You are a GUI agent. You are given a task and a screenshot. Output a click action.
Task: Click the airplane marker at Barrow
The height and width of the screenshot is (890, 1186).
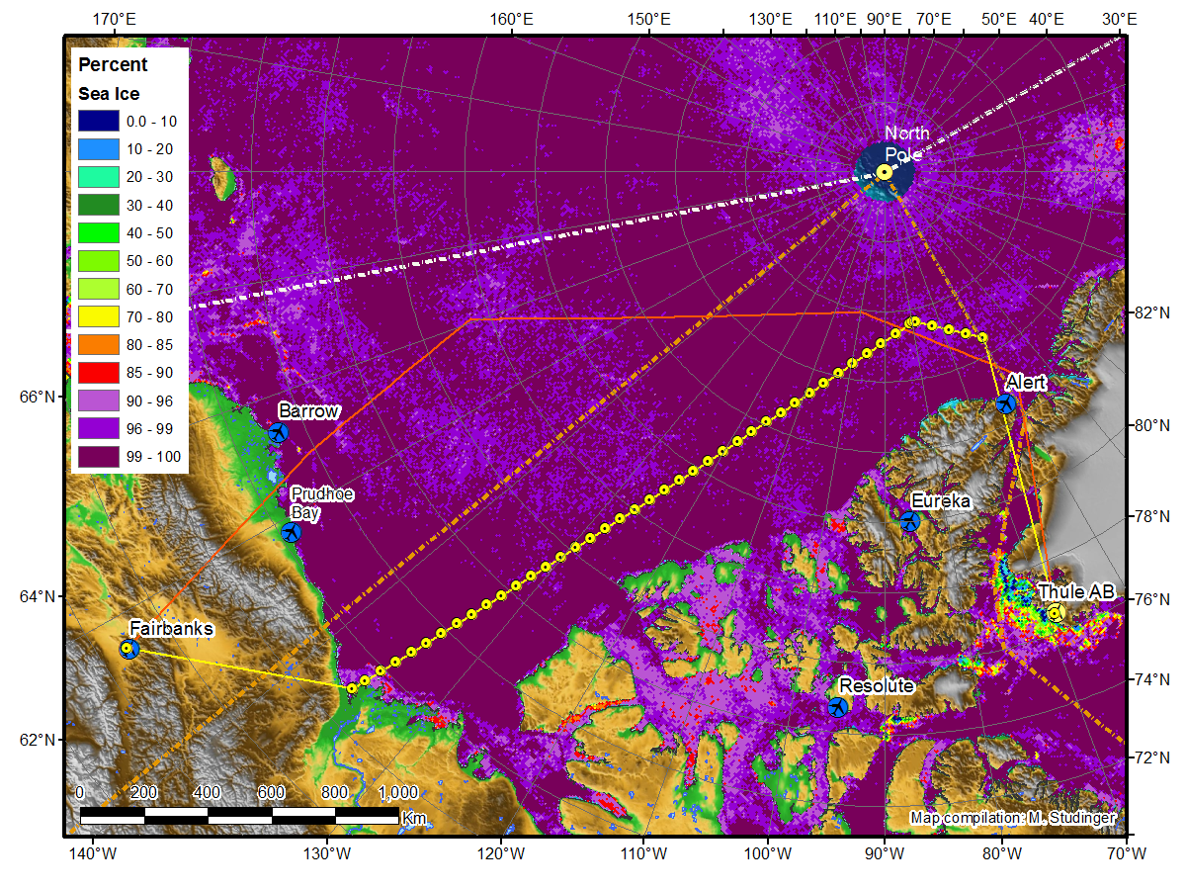pos(278,432)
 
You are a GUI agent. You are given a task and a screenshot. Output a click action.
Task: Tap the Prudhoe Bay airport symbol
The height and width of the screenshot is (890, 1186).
pos(291,532)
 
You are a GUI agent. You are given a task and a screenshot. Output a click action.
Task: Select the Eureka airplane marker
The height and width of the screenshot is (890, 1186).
pos(909,520)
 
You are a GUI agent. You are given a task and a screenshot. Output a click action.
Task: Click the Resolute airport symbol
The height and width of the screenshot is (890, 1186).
pos(838,706)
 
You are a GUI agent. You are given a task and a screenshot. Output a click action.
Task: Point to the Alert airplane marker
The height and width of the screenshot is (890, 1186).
pos(1006,402)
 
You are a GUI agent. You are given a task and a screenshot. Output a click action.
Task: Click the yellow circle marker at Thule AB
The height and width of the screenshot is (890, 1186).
pos(1055,613)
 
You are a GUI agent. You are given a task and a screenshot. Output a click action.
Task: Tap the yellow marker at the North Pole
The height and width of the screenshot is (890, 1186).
pos(885,172)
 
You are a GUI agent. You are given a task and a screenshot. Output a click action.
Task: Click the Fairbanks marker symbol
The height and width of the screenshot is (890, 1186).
pos(127,649)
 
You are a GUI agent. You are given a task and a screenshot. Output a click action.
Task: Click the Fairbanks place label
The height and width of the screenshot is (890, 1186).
pos(171,629)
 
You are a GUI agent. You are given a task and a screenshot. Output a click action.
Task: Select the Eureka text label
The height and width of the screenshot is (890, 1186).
pos(941,501)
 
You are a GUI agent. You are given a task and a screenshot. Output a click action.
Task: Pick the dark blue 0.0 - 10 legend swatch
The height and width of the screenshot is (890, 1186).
pos(98,121)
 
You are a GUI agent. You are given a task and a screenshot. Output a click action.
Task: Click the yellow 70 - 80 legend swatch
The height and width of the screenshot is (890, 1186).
pos(98,317)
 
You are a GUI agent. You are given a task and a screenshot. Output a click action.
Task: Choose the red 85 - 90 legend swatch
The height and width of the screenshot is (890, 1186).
pos(98,374)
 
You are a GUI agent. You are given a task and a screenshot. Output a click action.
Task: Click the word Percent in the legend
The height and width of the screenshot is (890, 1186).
pos(113,65)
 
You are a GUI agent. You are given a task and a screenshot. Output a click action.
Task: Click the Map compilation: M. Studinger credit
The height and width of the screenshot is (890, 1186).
pos(1013,818)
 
